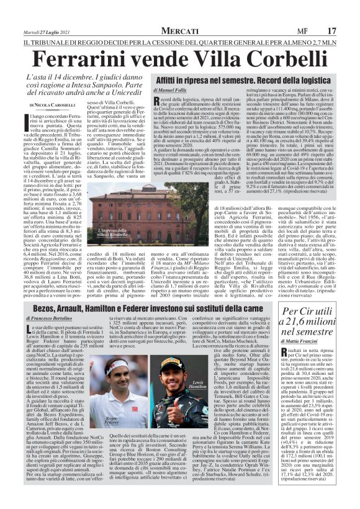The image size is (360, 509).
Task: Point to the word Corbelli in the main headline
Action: point(276,58)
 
